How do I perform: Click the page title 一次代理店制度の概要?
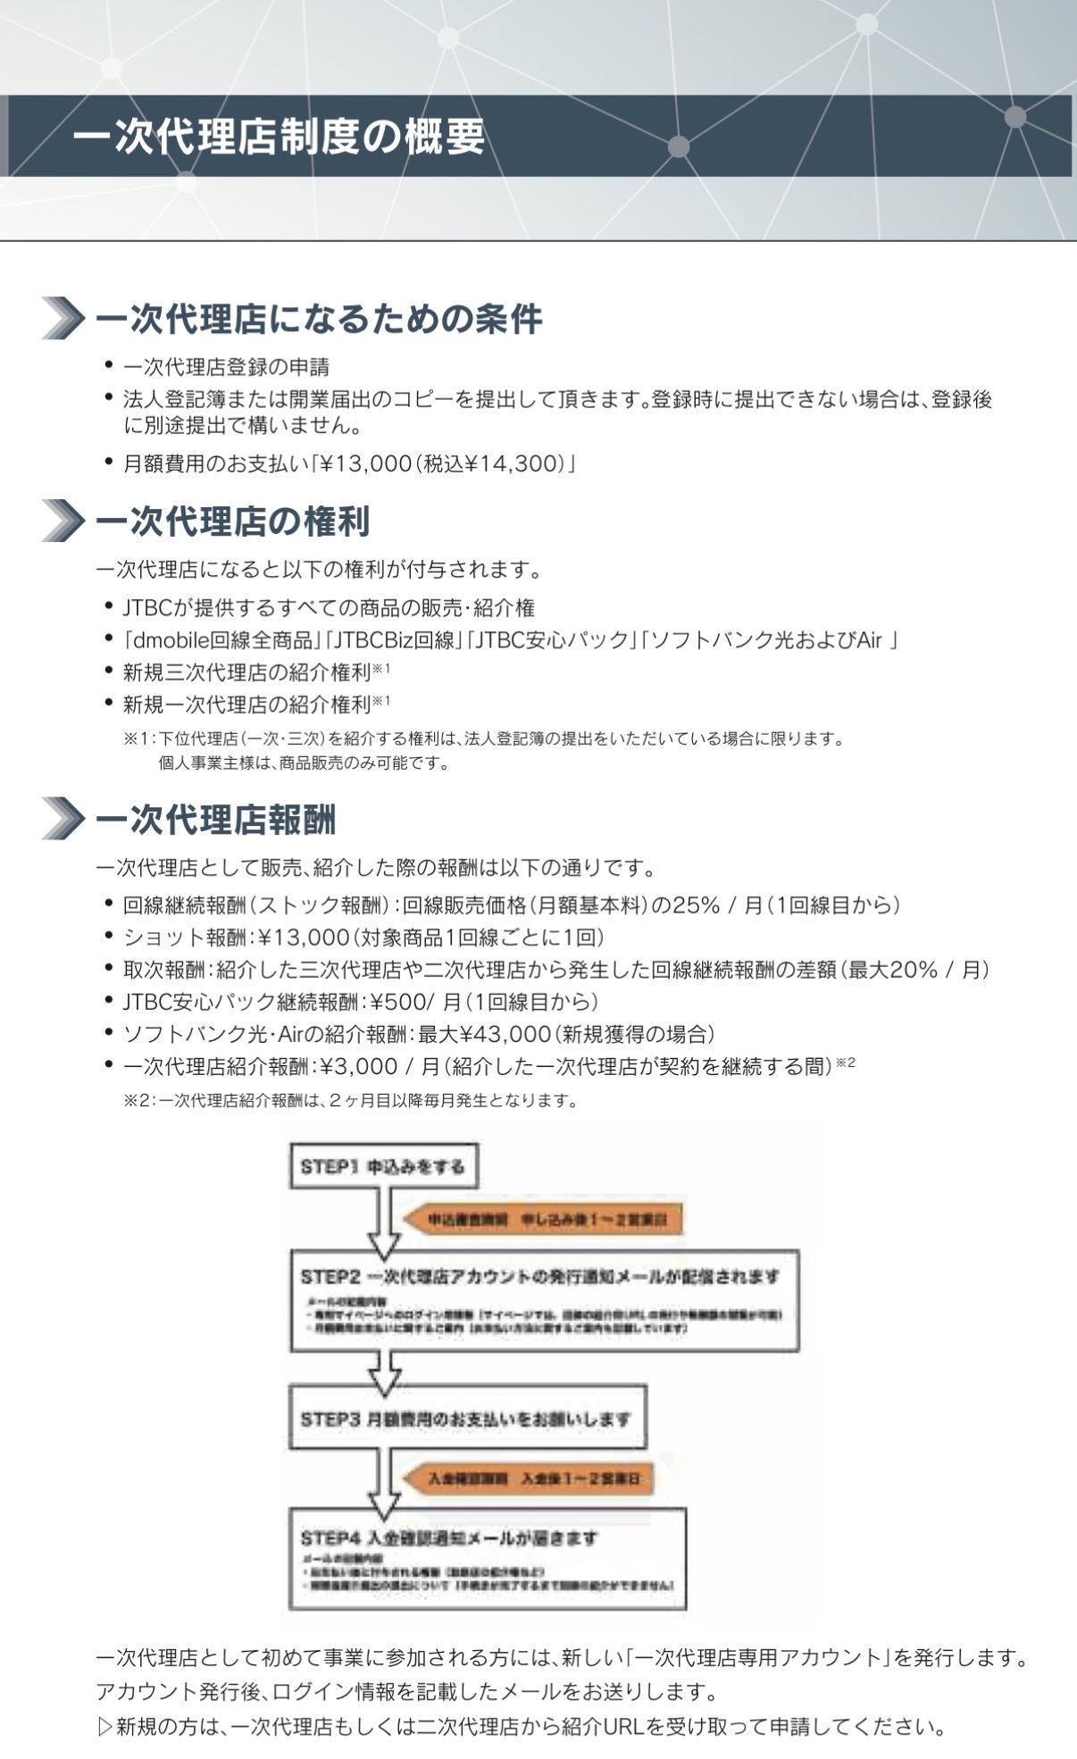[279, 137]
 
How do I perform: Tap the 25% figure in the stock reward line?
[696, 905]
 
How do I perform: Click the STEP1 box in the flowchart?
[383, 1166]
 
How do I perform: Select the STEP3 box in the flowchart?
[467, 1418]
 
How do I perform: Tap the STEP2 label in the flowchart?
[329, 1277]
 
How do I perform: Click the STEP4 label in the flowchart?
[329, 1538]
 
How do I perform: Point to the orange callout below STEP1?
[545, 1220]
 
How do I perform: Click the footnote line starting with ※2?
[350, 1100]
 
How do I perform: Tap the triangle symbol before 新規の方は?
[104, 1727]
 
